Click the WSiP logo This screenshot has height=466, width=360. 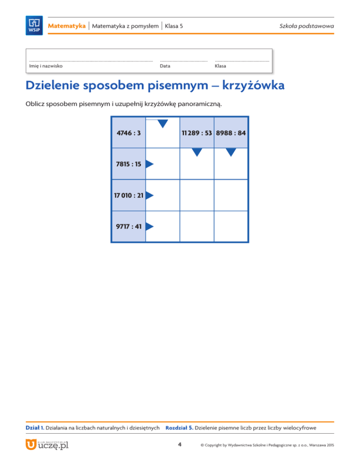(35, 25)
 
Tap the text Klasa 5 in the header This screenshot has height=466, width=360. (173, 25)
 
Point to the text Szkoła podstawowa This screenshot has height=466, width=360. (311, 25)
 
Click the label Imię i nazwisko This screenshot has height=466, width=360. (46, 66)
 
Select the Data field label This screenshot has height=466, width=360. (165, 66)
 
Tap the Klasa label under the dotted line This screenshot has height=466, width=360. (220, 66)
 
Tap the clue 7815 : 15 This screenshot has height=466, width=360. (128, 164)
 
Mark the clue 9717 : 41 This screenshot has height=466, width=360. (128, 226)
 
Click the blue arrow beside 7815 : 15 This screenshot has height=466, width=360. (150, 164)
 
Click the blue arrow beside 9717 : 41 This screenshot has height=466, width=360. (150, 226)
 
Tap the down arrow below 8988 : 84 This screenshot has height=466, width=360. (231, 151)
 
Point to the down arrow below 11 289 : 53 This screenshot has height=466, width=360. (197, 151)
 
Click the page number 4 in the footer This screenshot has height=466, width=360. (180, 444)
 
